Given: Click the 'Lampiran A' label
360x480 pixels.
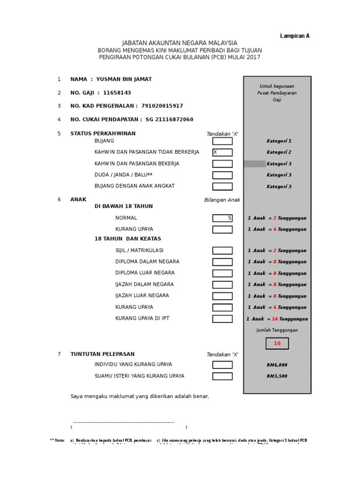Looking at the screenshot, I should [x=295, y=36].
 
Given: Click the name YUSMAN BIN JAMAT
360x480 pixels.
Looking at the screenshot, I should [x=124, y=79].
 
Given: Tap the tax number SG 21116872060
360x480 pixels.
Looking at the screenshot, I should [x=169, y=120].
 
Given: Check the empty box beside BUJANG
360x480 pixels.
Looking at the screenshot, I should [x=222, y=141].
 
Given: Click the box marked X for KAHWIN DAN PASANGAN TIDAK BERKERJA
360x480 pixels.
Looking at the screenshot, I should [x=222, y=152].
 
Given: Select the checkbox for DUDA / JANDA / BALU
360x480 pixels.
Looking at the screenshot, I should [x=222, y=175].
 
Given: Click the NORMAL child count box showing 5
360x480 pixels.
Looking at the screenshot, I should [x=222, y=218].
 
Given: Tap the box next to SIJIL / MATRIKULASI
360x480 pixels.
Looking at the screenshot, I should [x=222, y=251].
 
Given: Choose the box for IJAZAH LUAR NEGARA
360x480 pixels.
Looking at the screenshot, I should [x=222, y=296].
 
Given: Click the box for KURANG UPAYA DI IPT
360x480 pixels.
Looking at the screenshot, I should [x=222, y=319].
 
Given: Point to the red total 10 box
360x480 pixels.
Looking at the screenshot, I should [x=277, y=344].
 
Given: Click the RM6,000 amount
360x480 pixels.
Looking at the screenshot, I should [x=277, y=365].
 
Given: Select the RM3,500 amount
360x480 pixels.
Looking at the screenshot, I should [x=277, y=376].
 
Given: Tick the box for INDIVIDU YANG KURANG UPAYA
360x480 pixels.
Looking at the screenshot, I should [x=222, y=365].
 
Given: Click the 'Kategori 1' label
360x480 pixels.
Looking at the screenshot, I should [x=279, y=141].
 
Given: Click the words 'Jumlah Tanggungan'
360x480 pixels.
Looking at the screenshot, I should [x=277, y=330].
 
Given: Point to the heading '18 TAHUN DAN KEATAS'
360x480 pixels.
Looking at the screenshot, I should [x=121, y=239].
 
